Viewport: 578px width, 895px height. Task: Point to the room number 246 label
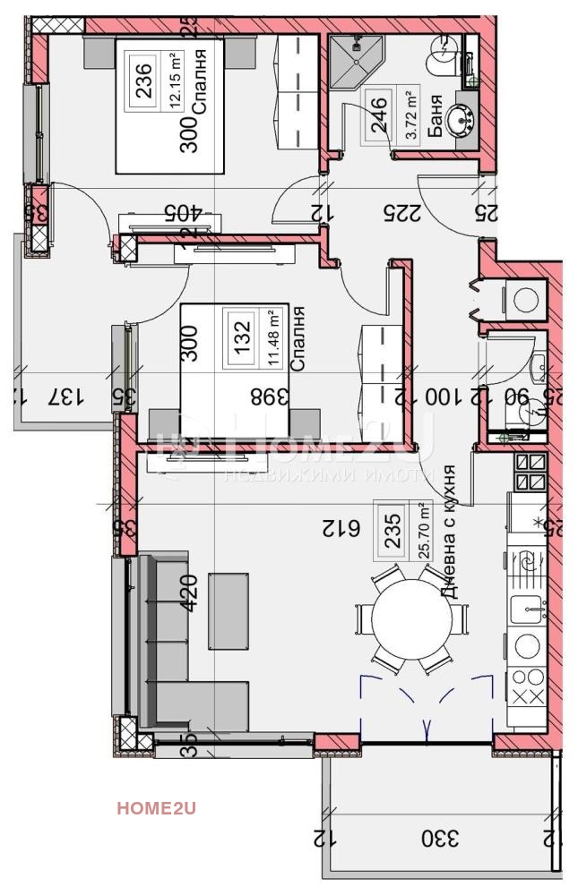pos(380,115)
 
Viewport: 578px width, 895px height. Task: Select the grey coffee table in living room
pos(229,610)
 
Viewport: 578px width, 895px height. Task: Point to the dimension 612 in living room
pos(342,529)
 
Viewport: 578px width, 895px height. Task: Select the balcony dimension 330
pos(441,839)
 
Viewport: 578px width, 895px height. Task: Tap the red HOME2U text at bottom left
pos(156,808)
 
